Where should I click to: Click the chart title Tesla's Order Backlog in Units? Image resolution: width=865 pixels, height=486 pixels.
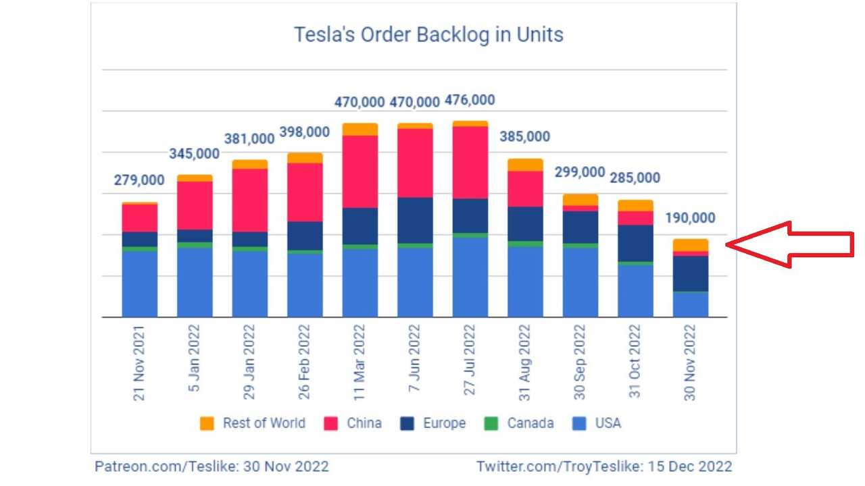tap(428, 34)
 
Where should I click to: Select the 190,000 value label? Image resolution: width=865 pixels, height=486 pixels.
tap(690, 218)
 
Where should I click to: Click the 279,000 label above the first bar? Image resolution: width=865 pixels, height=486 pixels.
tap(139, 180)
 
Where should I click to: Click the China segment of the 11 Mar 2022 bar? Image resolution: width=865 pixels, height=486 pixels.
tap(360, 171)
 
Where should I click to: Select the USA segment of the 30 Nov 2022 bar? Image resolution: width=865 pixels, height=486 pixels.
tap(690, 304)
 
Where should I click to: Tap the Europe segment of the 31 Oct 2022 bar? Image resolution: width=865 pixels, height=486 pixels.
tap(635, 243)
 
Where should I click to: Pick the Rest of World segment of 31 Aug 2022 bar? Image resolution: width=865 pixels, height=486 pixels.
tap(525, 165)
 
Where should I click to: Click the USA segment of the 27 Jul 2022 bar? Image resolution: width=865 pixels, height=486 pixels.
tap(470, 277)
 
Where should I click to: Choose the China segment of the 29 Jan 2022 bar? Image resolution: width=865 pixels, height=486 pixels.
tap(249, 200)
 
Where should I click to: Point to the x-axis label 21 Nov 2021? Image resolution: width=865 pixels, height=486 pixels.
tap(139, 363)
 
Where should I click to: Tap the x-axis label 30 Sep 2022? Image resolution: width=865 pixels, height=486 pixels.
tap(580, 362)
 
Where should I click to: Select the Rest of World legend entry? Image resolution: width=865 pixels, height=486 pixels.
tap(253, 423)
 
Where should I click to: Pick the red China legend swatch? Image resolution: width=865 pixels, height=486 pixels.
tap(331, 424)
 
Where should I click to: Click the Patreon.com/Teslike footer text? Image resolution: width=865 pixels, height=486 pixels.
tap(212, 466)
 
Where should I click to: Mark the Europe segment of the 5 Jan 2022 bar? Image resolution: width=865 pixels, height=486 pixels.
tap(195, 236)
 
